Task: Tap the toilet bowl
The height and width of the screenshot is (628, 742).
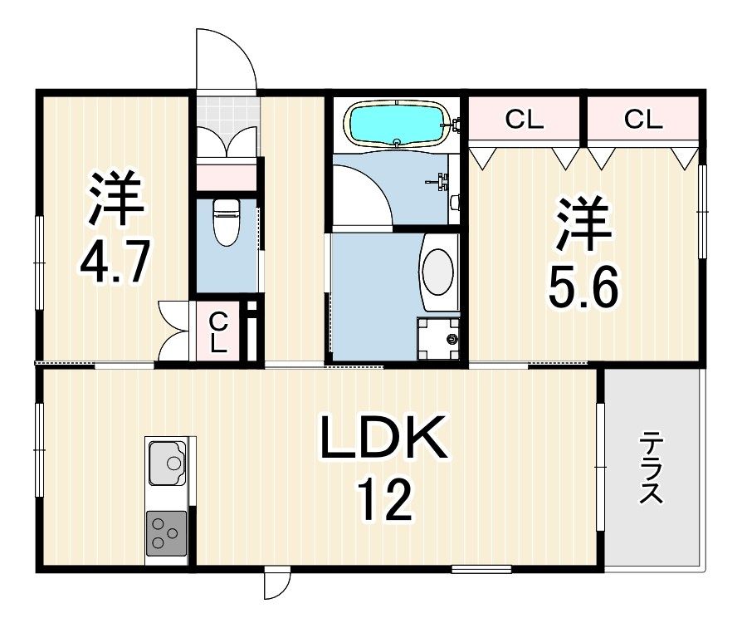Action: pyautogui.click(x=225, y=223)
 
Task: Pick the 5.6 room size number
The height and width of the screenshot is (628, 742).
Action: pyautogui.click(x=582, y=289)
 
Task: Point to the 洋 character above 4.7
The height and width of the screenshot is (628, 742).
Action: pyautogui.click(x=116, y=199)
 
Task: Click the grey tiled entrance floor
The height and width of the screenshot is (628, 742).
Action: pyautogui.click(x=227, y=110)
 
